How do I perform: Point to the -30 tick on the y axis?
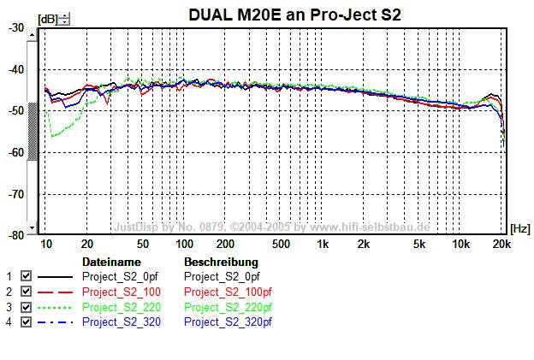[16, 27]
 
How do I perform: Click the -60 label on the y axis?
[16, 152]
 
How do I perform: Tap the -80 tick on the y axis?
[16, 235]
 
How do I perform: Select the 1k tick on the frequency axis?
[323, 244]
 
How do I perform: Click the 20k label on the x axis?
[501, 244]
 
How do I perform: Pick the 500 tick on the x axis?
[280, 244]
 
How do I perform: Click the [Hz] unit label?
[519, 228]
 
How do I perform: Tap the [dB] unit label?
[47, 18]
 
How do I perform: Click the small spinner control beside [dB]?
[65, 18]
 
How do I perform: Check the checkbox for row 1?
[26, 276]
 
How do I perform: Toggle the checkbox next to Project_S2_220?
[26, 306]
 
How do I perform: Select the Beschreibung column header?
[221, 261]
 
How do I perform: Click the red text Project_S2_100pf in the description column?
[228, 292]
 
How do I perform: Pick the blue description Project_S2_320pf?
[228, 322]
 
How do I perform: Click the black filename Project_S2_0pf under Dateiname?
[119, 276]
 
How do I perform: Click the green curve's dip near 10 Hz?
[53, 136]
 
